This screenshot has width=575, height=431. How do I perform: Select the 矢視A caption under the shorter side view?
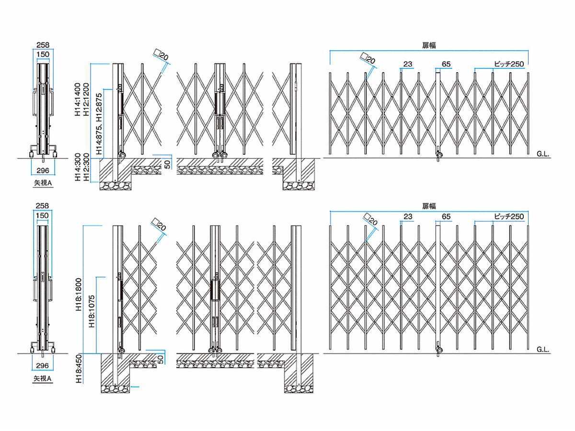coord(43,182)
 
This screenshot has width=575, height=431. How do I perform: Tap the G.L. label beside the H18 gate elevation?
coord(543,349)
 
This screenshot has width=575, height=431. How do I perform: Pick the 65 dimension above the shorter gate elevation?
coord(446,64)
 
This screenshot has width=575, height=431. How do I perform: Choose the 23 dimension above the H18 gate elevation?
coord(408,216)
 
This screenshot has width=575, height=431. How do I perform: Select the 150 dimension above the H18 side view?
coord(43,216)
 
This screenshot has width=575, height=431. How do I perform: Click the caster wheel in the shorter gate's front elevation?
coord(438,155)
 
